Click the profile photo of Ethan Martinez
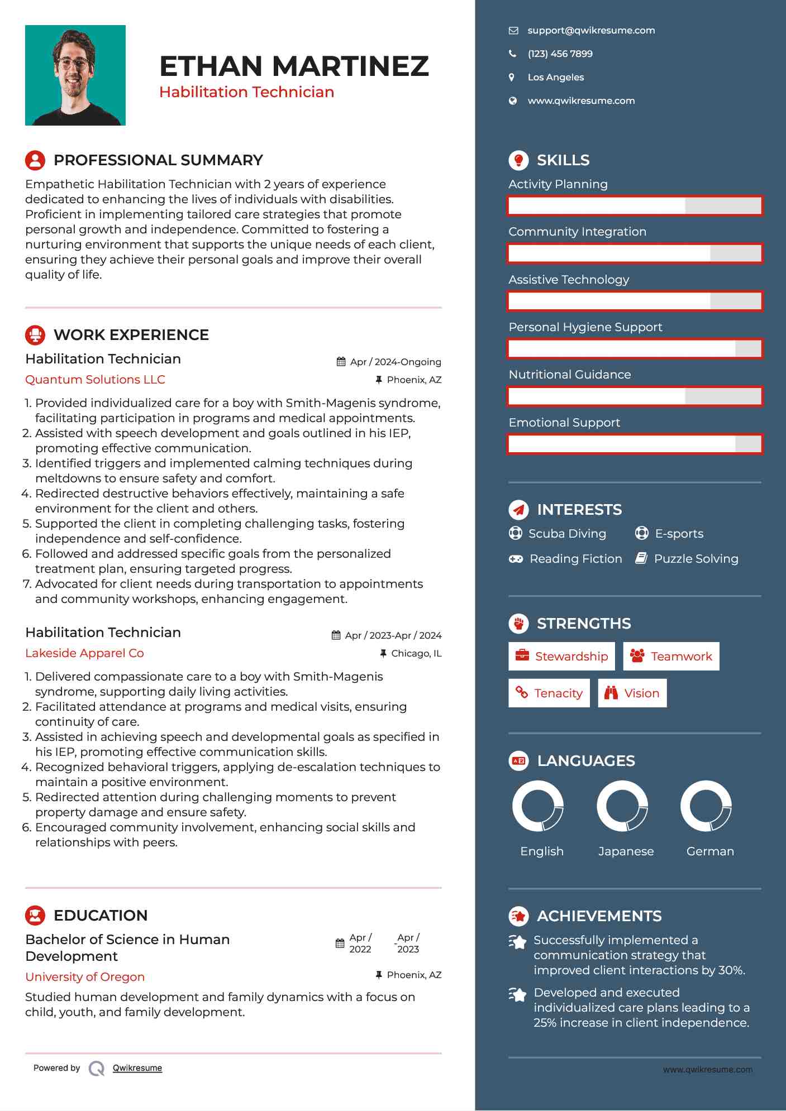tap(75, 75)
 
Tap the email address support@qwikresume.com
tap(591, 31)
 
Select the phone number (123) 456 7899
tap(560, 54)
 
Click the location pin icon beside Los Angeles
tap(512, 78)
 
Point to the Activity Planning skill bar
tap(635, 206)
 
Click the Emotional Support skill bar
tap(635, 444)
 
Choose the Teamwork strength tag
tap(671, 657)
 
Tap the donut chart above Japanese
tap(622, 806)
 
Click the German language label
tap(710, 851)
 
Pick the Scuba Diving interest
tap(566, 534)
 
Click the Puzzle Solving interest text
tap(696, 559)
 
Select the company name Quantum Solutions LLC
tap(95, 380)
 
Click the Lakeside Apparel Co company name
tap(84, 653)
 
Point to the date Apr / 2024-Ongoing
tap(395, 362)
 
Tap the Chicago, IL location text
tap(416, 654)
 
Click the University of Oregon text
tap(85, 977)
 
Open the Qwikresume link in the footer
tap(137, 1068)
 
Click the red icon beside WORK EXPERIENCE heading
tap(35, 335)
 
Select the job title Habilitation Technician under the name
tap(246, 92)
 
